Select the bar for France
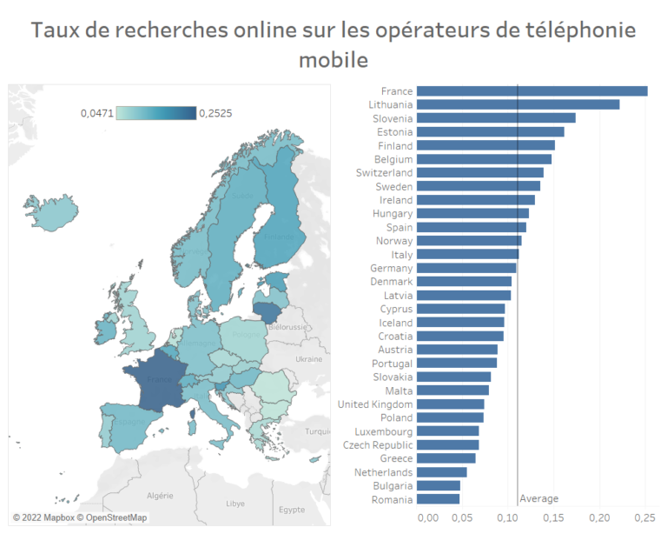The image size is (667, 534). point(532,91)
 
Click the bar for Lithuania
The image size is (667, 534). point(518,104)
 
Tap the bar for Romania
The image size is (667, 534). point(438,499)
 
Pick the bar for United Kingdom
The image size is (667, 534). point(450,404)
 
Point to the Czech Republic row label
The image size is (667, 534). point(379,444)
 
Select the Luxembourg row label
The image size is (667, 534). point(384,431)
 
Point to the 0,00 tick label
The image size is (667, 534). point(427,518)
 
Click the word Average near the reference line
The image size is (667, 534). point(539,499)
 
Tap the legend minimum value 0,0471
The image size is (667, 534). point(97,113)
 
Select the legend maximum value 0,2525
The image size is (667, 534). point(215,113)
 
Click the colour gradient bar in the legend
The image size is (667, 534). point(156,113)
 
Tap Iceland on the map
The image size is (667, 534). point(50,209)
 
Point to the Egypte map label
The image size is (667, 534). point(292,509)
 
